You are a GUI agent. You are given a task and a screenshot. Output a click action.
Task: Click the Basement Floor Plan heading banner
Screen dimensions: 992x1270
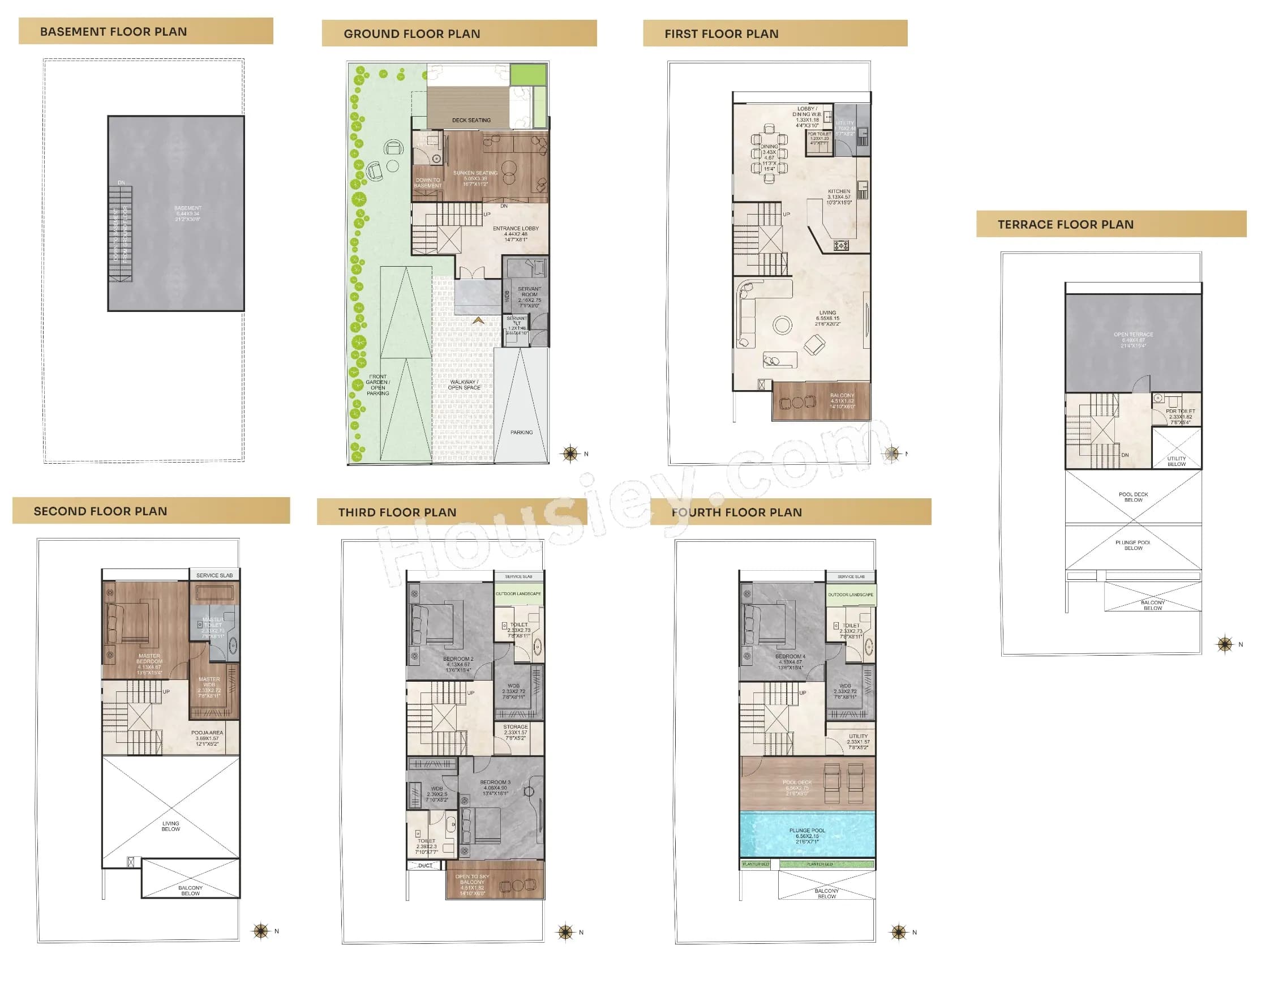pyautogui.click(x=145, y=31)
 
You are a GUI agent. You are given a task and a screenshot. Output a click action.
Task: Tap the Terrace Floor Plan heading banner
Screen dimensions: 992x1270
pyautogui.click(x=1110, y=224)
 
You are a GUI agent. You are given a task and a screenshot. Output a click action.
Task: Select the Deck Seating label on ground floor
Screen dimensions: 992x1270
pyautogui.click(x=471, y=121)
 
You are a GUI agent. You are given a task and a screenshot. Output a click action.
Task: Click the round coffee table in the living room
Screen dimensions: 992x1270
pyautogui.click(x=782, y=324)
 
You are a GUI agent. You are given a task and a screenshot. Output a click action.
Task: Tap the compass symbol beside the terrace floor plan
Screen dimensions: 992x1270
pyautogui.click(x=1225, y=644)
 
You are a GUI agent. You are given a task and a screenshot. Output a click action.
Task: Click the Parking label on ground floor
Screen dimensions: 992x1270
pyautogui.click(x=521, y=432)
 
